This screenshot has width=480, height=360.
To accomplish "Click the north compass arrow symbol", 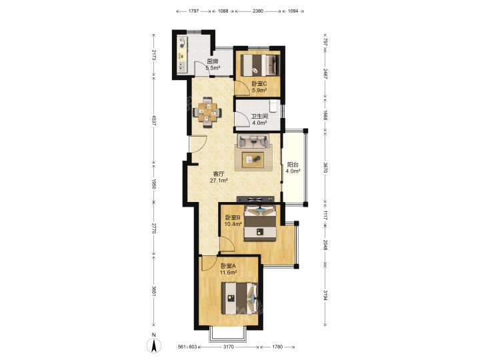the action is (x=154, y=345).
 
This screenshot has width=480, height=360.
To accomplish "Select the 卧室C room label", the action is (x=259, y=83).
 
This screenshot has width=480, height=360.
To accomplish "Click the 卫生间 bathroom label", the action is (x=259, y=116).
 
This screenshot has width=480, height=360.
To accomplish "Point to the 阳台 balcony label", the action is (x=293, y=165).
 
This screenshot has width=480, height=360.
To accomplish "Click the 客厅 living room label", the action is (x=219, y=174).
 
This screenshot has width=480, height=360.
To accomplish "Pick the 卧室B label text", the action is (x=233, y=217).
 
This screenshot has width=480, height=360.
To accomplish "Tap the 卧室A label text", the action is (x=228, y=266).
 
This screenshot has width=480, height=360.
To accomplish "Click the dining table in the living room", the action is (x=207, y=113).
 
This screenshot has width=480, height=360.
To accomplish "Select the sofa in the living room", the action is (x=253, y=141).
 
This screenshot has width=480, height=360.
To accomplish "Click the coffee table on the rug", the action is (x=253, y=160).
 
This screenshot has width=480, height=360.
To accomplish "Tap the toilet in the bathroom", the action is (x=273, y=106).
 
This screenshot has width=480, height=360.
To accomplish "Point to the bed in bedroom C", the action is (x=260, y=65).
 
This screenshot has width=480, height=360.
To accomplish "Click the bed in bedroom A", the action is (x=240, y=299).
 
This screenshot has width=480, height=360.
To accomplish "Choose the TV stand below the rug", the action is (x=255, y=199).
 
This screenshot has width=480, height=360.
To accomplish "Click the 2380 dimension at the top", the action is (x=258, y=11).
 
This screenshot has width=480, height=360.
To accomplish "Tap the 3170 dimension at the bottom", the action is (x=229, y=347).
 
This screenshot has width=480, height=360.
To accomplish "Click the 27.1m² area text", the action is (x=219, y=181).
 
